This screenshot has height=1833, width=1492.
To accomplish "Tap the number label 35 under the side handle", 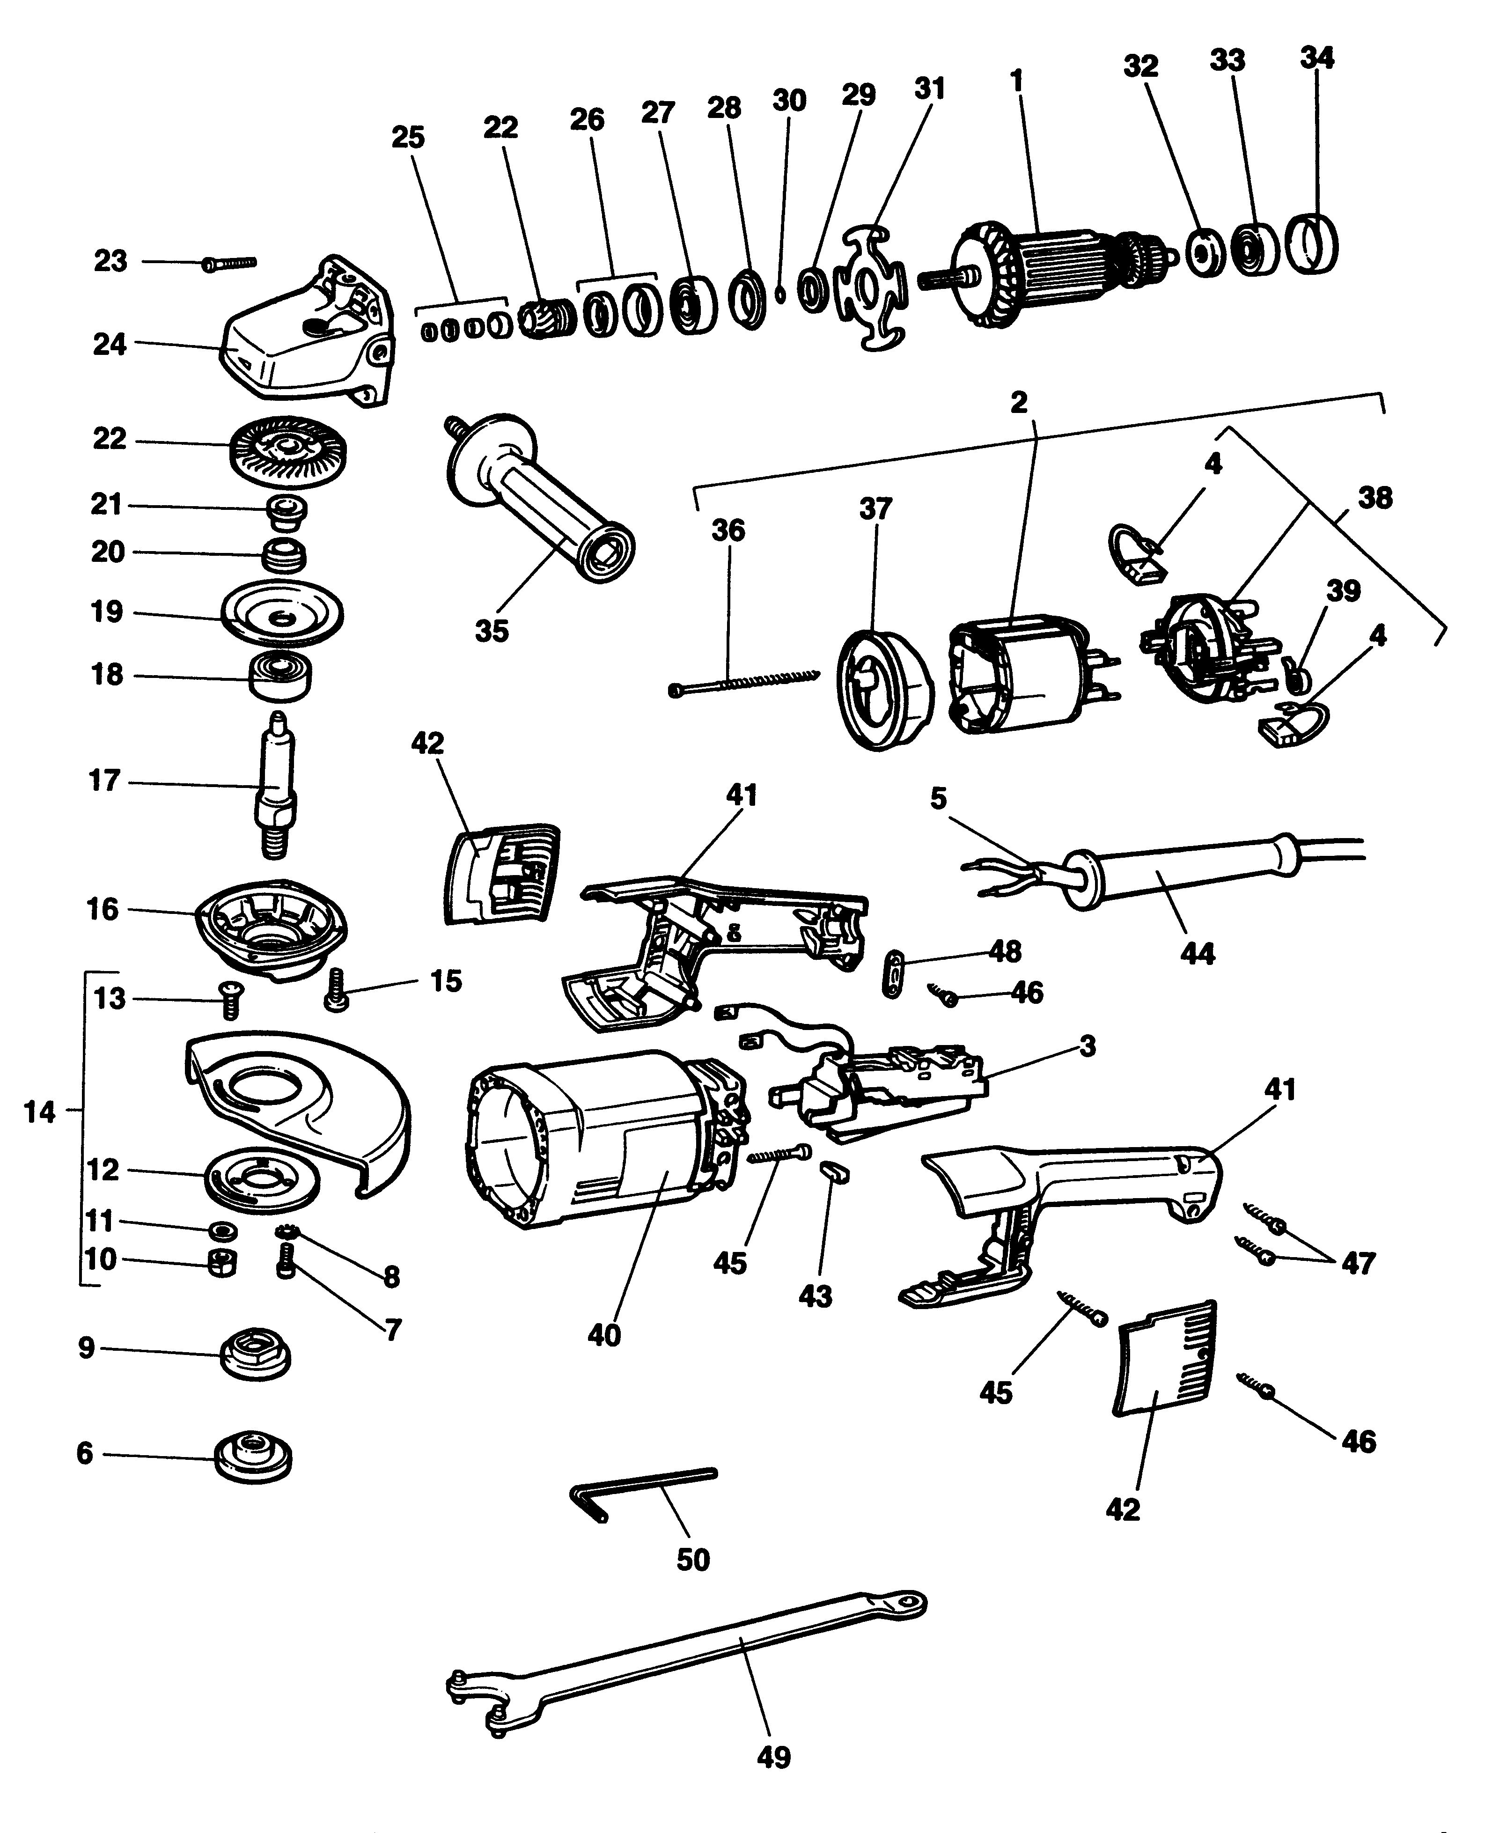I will point(492,631).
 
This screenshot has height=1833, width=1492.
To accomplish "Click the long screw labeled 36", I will point(743,683).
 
